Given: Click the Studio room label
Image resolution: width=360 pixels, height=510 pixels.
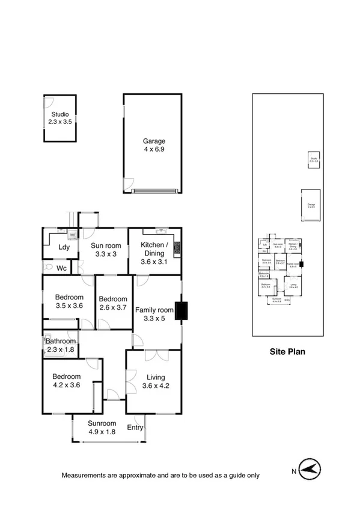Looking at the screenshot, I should [59, 118].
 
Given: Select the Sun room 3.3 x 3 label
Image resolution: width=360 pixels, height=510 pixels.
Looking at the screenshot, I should [106, 249].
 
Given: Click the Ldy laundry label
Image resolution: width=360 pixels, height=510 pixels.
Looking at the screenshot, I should [64, 248].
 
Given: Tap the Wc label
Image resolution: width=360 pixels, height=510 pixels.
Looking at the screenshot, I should [62, 268].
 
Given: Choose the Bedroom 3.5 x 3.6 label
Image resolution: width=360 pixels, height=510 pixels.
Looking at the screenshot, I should [69, 301].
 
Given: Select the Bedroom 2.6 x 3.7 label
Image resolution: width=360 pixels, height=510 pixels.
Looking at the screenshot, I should [113, 303].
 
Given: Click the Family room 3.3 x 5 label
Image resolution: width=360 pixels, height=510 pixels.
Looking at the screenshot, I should [154, 314].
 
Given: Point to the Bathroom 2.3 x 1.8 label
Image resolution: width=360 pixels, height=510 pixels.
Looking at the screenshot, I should [60, 345].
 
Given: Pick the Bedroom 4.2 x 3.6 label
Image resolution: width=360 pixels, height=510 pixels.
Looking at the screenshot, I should [66, 381].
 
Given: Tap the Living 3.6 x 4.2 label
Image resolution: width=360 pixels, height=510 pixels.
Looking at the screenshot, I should [153, 381].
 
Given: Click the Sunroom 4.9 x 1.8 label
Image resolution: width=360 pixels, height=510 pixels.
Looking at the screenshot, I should [101, 427].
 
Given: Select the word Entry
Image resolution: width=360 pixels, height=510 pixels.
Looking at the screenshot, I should [135, 428].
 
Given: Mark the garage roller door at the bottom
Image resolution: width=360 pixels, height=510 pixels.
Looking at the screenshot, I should [156, 191].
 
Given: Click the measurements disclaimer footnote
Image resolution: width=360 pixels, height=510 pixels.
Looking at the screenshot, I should [160, 475].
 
